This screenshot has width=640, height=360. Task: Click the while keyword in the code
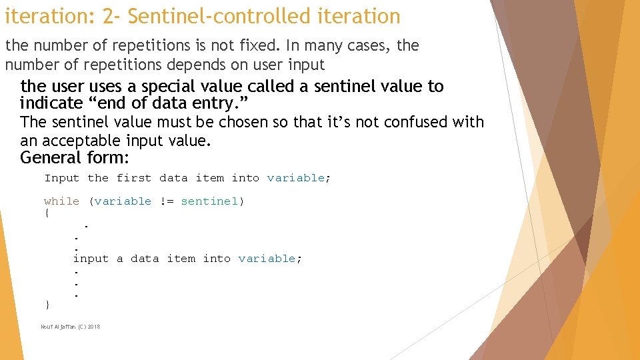point(61,201)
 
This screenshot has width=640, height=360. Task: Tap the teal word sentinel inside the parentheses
point(209,201)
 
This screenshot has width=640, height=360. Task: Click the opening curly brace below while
point(47,213)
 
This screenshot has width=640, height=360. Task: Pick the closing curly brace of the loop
point(47,305)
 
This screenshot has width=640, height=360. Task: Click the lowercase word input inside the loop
point(91,259)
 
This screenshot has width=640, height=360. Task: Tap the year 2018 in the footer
point(93,327)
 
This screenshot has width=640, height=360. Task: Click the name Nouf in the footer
point(47,327)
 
